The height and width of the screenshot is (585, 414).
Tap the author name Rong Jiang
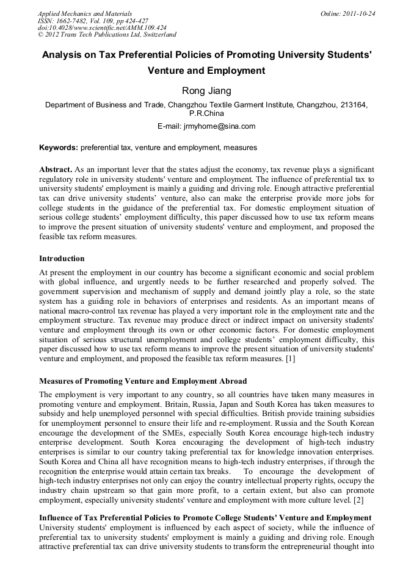206,91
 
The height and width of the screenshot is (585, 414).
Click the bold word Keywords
58,148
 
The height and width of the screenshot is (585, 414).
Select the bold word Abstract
56,168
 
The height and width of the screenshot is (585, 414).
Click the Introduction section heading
62,259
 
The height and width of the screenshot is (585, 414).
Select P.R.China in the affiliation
206,113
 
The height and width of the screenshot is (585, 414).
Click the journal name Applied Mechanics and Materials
84,13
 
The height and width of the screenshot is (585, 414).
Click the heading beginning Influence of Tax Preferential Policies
205,518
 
